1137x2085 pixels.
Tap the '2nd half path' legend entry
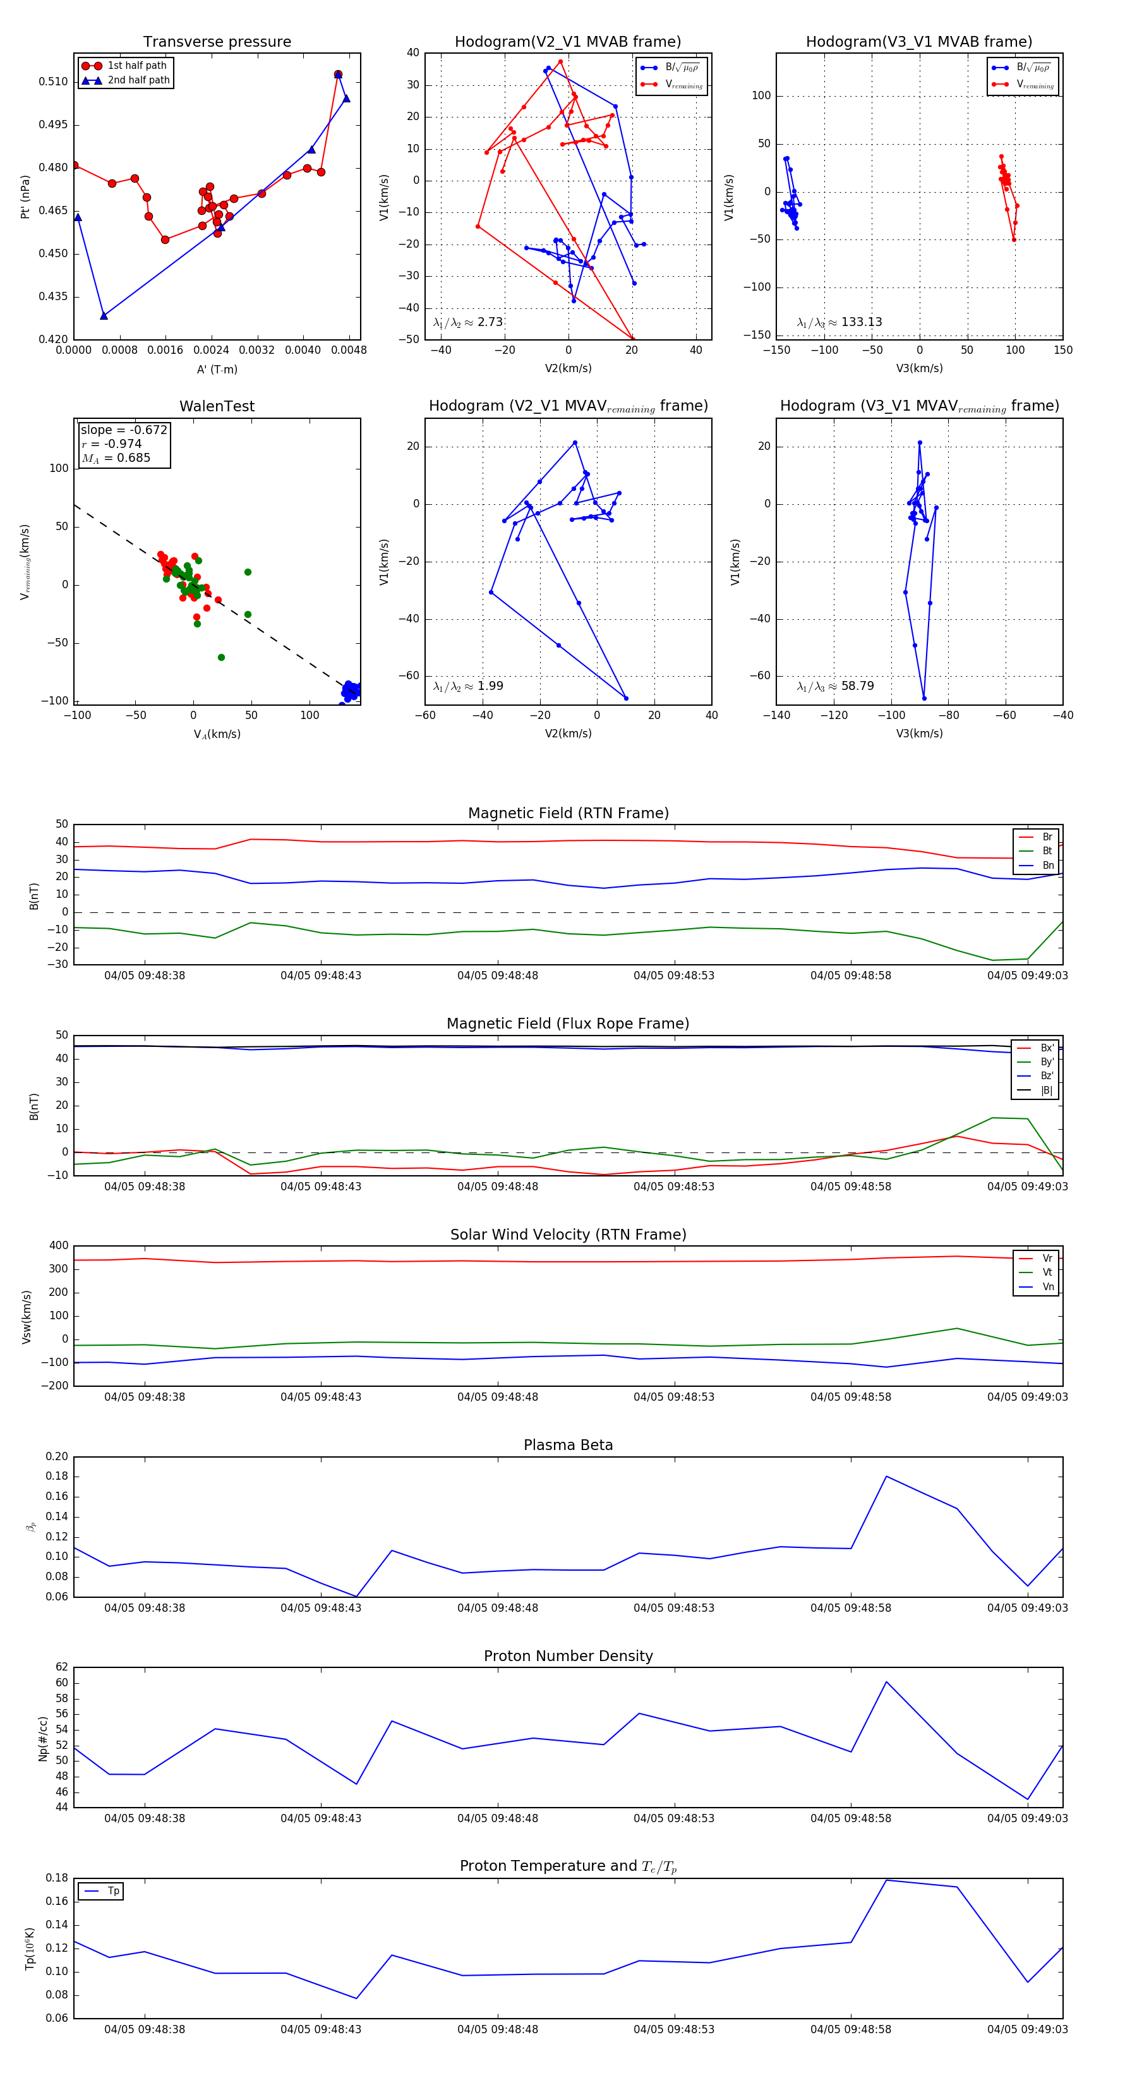tap(138, 80)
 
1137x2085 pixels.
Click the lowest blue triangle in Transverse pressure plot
tap(104, 316)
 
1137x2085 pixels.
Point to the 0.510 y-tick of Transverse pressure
tap(54, 82)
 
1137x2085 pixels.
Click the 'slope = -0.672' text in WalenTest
tap(124, 430)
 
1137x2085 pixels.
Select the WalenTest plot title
tap(217, 406)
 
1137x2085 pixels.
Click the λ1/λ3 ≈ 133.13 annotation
tap(839, 322)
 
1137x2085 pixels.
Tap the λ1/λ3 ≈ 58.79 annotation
tap(835, 686)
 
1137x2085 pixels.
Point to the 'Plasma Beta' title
tap(568, 1445)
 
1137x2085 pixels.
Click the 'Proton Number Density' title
tap(568, 1656)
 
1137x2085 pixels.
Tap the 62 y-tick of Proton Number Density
tap(61, 1667)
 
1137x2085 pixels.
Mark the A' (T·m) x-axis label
tap(217, 369)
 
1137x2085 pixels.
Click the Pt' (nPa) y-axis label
tap(25, 196)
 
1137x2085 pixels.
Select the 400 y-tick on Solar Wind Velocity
tap(58, 1246)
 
